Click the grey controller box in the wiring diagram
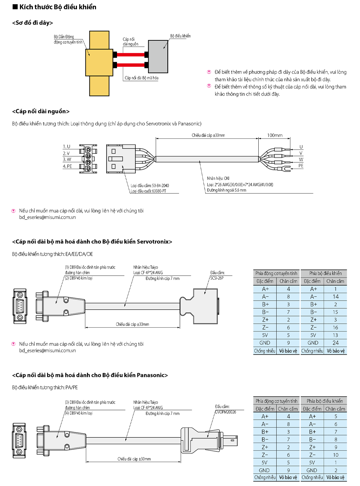tap(158, 57)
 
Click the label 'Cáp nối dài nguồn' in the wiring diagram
tap(130, 42)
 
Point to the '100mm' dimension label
tap(275, 135)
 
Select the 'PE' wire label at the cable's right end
tap(301, 166)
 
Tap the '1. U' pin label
tap(67, 146)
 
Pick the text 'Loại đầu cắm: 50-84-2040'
tap(150, 185)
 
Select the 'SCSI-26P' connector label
tap(217, 278)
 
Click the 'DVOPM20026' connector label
tap(225, 412)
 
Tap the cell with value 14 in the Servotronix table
tap(335, 297)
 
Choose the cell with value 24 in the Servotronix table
tap(335, 343)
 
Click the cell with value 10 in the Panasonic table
tap(335, 455)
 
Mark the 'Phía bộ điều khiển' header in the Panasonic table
tap(325, 401)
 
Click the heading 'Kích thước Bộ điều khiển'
tap(58, 7)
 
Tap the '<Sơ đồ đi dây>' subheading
tap(32, 23)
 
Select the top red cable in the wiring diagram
tap(130, 55)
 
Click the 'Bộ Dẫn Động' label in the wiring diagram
tap(64, 37)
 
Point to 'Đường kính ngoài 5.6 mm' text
tap(226, 190)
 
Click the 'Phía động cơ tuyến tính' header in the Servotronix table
tap(276, 273)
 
